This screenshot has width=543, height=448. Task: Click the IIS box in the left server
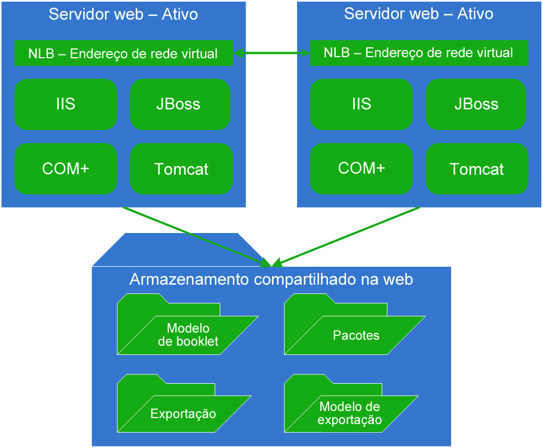(66, 105)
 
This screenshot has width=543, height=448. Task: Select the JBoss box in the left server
(180, 105)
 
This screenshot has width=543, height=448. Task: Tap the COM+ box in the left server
(66, 169)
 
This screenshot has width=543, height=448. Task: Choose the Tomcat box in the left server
(182, 169)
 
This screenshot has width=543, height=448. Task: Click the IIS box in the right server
(361, 105)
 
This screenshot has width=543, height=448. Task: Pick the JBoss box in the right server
(476, 105)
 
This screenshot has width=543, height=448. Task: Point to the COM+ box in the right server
(361, 169)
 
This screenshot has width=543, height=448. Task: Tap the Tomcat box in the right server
(477, 169)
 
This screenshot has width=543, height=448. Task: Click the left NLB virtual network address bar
(123, 53)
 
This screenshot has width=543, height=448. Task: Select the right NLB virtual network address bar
(418, 53)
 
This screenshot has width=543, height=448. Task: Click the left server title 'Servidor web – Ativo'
(123, 14)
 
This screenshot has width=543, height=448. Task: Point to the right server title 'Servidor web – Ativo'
(418, 14)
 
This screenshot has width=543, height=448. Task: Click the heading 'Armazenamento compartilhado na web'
(271, 280)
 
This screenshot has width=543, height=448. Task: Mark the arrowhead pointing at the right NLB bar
(305, 53)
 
